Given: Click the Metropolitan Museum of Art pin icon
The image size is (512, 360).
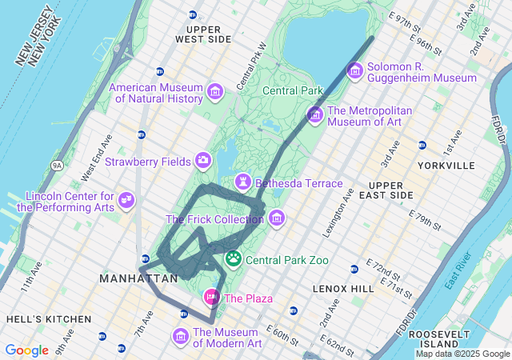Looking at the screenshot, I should click(x=314, y=115).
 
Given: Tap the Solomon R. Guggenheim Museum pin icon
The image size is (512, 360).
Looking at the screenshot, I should click(x=354, y=71).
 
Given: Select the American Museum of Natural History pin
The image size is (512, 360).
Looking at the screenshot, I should click(x=214, y=92).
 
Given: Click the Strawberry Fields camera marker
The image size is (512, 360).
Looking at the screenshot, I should click(x=203, y=161).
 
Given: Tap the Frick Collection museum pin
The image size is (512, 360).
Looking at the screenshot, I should click(x=276, y=218).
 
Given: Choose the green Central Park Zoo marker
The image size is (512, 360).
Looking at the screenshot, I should click(x=234, y=258).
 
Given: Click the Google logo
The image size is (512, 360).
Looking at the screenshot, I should click(x=26, y=350).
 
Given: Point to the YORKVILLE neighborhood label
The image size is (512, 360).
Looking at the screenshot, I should click(x=446, y=166).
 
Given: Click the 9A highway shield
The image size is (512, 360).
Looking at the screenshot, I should click(x=57, y=166).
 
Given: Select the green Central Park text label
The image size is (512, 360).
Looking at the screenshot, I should click(x=292, y=90).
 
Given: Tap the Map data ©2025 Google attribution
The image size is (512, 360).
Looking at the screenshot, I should click(x=462, y=354).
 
